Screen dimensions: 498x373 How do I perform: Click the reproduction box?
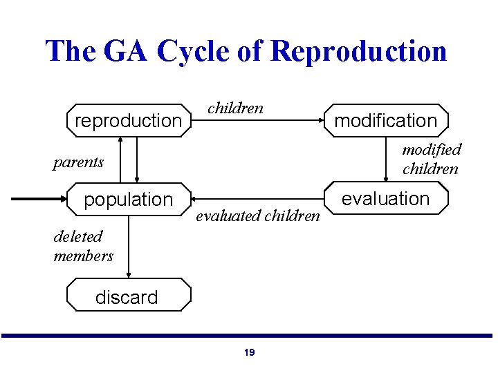click(128, 121)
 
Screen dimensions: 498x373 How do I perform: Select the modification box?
click(386, 121)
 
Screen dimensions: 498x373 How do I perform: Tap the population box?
click(128, 200)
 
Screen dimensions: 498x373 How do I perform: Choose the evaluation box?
click(386, 199)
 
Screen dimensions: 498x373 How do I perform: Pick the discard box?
click(128, 297)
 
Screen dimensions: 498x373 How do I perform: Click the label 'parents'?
click(78, 162)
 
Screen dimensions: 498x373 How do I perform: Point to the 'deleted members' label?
click(83, 246)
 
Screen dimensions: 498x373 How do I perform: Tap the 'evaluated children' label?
click(258, 216)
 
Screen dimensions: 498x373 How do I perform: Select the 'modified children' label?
click(432, 159)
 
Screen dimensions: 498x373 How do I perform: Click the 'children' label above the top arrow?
click(235, 108)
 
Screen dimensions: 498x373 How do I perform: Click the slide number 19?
click(249, 352)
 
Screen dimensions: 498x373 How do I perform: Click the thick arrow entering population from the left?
click(38, 199)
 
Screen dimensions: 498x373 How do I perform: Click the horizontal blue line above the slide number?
click(249, 336)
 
